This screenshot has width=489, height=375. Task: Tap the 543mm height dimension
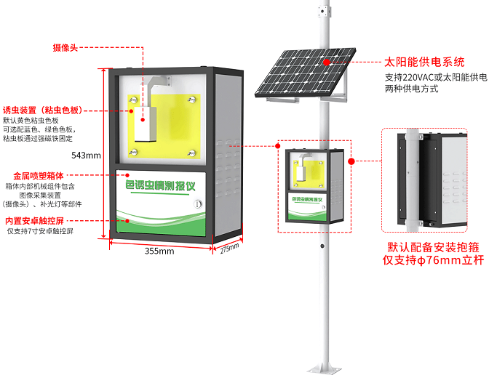click(x=87, y=156)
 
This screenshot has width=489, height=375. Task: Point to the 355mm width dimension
click(x=159, y=251)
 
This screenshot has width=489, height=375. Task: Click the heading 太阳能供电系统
click(x=424, y=62)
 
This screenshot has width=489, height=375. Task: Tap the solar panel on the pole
click(x=302, y=70)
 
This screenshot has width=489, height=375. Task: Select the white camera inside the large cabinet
click(x=147, y=116)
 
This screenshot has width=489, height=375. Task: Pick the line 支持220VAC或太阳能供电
click(x=435, y=77)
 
